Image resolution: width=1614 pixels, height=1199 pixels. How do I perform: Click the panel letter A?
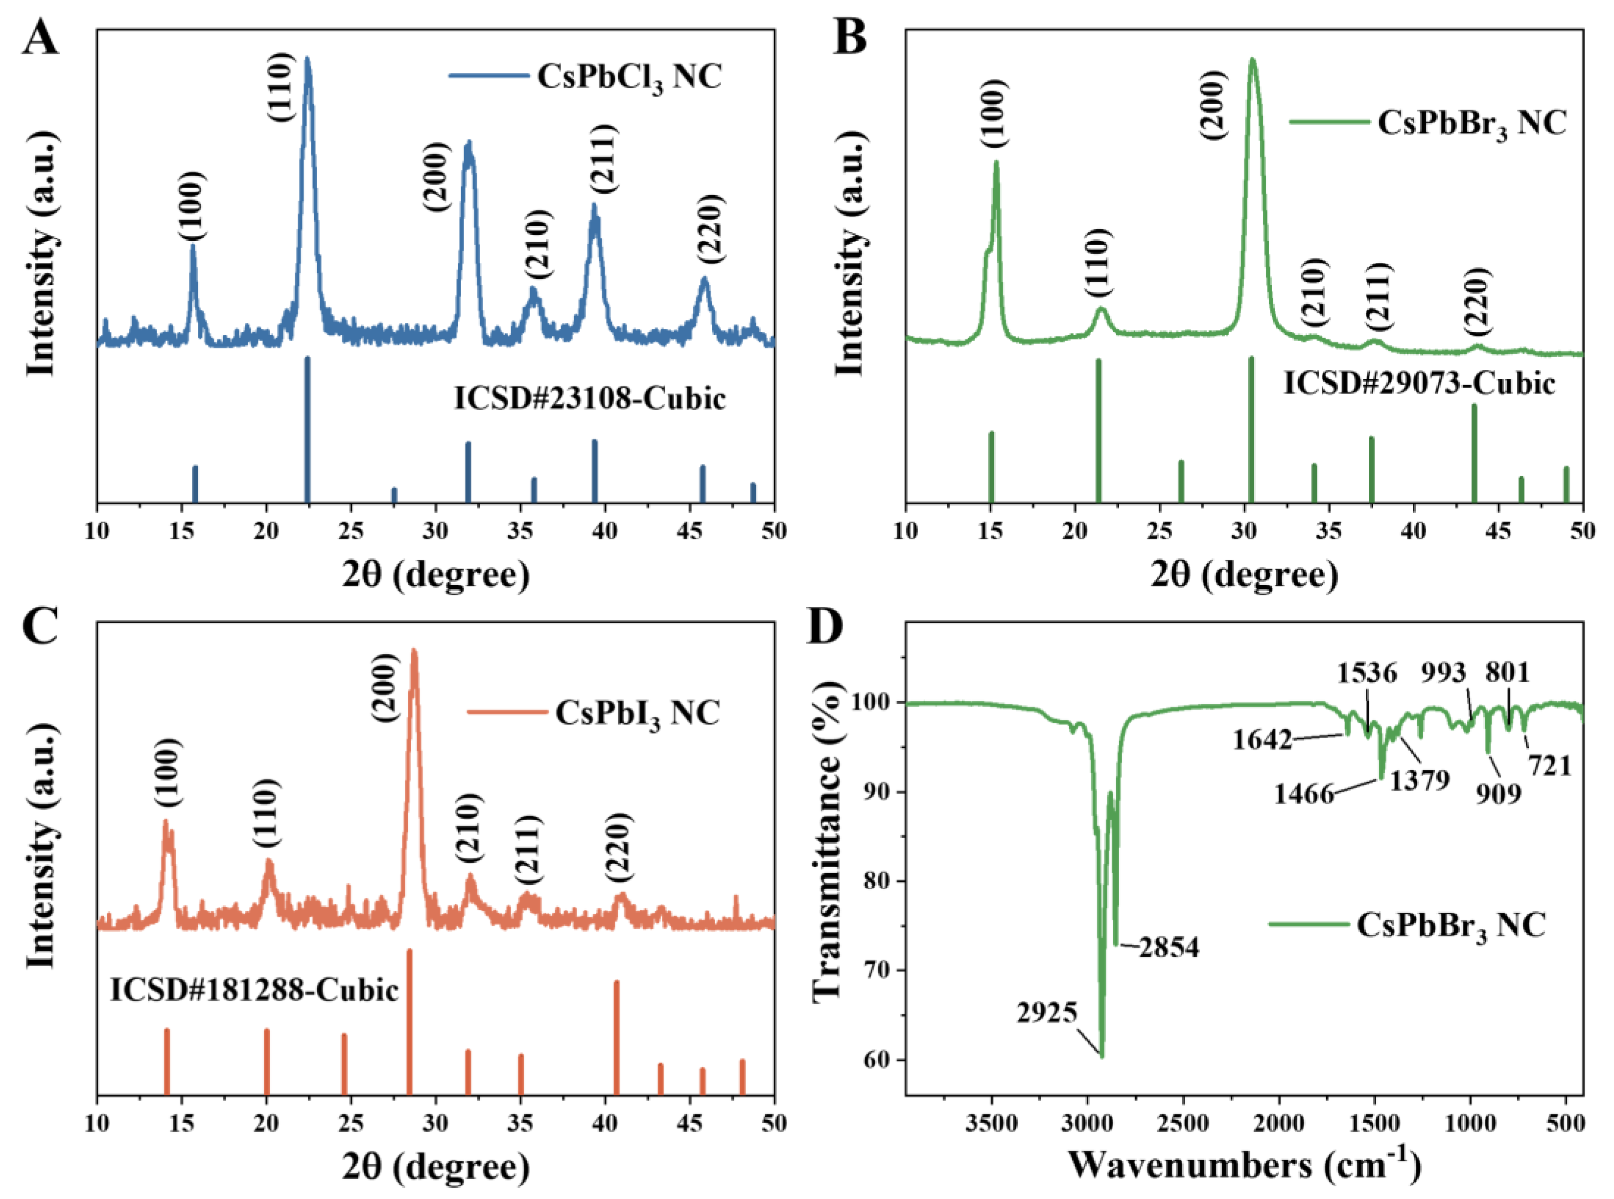tap(40, 38)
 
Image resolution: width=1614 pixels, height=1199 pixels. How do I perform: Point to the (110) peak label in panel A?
tap(280, 87)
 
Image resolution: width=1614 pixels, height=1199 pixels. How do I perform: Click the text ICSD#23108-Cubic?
tap(589, 398)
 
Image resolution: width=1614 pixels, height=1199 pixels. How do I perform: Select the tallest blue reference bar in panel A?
tap(307, 428)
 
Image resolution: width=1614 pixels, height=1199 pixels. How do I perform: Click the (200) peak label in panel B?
tap(1213, 105)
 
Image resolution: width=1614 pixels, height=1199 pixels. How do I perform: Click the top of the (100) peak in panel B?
tap(996, 162)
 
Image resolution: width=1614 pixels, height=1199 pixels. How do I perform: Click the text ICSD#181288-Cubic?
tap(254, 990)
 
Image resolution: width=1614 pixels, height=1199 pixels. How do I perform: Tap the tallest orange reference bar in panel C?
tap(409, 1020)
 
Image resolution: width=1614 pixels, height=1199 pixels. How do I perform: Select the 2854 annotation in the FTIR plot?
tap(1168, 947)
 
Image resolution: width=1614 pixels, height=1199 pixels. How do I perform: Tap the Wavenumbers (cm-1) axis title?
tap(1244, 1166)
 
